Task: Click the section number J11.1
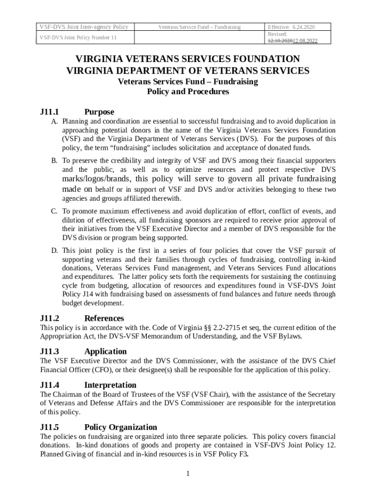tap(49, 112)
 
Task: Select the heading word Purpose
tap(99, 112)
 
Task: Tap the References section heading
tap(104, 318)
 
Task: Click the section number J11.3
tap(49, 351)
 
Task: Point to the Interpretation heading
tap(110, 385)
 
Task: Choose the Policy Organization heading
tap(121, 427)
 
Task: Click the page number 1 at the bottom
tap(188, 473)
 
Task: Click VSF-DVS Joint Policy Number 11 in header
tap(78, 38)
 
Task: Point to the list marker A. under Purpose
tap(55, 122)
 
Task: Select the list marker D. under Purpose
tap(55, 250)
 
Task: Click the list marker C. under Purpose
tap(55, 211)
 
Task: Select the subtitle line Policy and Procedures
tap(188, 91)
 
